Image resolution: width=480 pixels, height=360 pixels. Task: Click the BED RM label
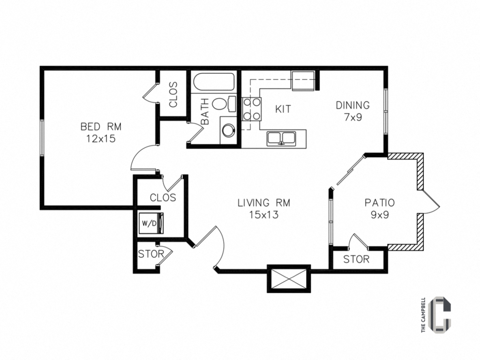(101, 126)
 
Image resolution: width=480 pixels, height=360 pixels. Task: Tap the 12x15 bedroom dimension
(101, 138)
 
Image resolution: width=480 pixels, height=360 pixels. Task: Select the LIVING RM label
(263, 203)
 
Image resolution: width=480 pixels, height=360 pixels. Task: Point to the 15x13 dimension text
(263, 215)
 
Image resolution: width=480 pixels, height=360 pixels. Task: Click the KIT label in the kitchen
(283, 109)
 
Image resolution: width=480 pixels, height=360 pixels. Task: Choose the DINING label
(352, 105)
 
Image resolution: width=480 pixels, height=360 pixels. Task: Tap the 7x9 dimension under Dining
(352, 117)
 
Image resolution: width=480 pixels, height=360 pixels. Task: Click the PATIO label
(380, 203)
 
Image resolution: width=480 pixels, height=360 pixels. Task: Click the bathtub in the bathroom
(214, 83)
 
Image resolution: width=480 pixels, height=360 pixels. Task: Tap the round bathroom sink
(228, 130)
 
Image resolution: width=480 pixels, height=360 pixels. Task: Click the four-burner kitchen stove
(251, 110)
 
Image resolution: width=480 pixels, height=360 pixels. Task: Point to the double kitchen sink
(281, 138)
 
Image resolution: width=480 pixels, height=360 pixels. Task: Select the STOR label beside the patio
(356, 259)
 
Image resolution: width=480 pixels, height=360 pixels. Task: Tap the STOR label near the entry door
(151, 255)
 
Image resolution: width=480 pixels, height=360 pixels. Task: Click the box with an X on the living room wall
(288, 278)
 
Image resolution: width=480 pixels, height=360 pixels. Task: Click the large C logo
(441, 313)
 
